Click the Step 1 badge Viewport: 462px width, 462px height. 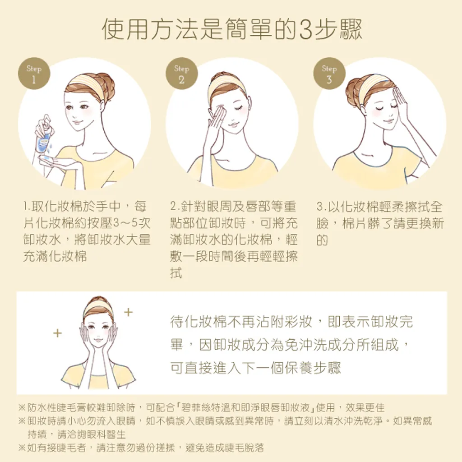point(34,74)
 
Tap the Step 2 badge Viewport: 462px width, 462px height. point(181,74)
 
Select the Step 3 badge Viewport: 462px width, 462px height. point(329,74)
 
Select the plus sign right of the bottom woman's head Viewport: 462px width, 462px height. point(128,312)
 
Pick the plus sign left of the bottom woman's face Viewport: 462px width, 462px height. point(57,333)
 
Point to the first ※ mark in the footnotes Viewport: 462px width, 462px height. point(22,408)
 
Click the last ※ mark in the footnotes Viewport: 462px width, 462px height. point(22,448)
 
